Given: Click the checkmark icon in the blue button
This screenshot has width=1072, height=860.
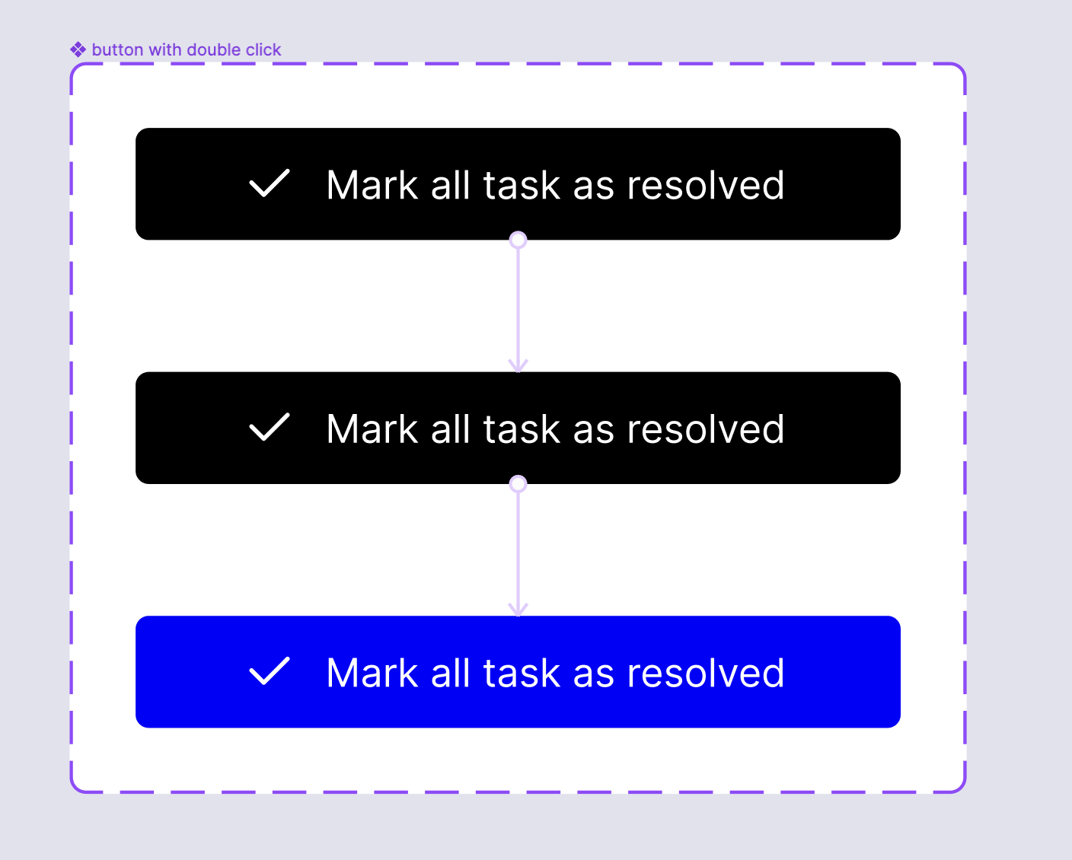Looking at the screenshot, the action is (x=269, y=671).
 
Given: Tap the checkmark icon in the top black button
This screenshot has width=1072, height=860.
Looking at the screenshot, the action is (x=269, y=183).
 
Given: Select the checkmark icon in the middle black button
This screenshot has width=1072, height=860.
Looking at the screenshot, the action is (x=269, y=427).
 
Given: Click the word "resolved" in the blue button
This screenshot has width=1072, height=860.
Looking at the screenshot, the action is (x=705, y=673).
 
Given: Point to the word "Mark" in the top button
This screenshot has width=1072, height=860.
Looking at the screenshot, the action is (x=372, y=185).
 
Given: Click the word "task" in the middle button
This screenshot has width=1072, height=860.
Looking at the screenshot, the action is (x=522, y=428).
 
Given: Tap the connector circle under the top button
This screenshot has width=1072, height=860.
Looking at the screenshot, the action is (x=518, y=240).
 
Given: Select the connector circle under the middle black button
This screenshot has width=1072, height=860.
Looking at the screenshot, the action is (x=518, y=484).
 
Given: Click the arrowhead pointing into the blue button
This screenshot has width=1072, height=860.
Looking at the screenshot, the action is (x=518, y=610).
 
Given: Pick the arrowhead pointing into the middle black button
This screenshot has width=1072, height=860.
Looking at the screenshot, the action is (x=518, y=365).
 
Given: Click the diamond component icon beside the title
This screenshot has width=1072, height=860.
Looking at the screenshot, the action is (x=78, y=49).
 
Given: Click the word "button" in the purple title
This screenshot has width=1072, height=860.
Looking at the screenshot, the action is (x=117, y=49).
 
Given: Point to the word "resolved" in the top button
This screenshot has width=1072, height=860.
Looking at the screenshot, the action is (x=705, y=185).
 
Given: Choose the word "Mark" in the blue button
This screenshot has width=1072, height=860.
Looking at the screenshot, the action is (x=372, y=673).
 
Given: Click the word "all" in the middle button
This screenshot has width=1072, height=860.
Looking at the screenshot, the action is (x=450, y=428).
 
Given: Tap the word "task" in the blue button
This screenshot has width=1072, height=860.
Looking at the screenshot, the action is (x=522, y=673).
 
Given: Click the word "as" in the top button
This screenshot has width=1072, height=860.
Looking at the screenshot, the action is (x=594, y=187).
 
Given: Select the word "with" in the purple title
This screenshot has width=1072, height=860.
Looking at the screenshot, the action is (x=165, y=49).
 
